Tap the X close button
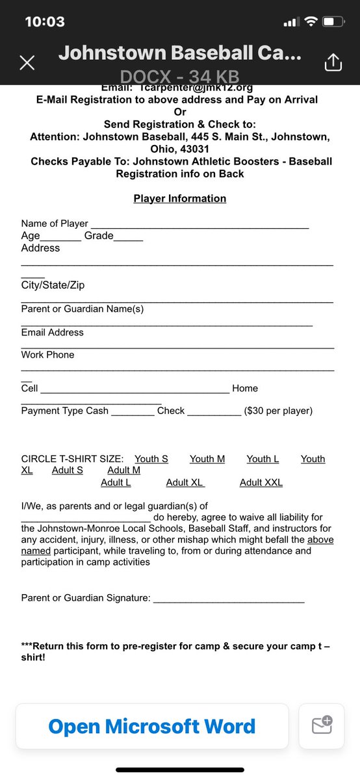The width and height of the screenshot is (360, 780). [27, 62]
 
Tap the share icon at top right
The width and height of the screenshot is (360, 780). [332, 62]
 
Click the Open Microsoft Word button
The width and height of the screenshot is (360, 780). [152, 726]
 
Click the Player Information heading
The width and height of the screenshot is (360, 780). [180, 198]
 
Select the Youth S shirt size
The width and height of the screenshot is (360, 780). [151, 459]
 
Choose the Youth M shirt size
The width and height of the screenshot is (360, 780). [207, 459]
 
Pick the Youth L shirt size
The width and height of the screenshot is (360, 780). [263, 459]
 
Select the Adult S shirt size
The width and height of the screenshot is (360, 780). [68, 470]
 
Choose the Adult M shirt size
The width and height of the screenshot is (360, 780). [123, 470]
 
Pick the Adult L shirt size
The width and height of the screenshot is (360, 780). [116, 482]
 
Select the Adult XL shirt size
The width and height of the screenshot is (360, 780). [185, 482]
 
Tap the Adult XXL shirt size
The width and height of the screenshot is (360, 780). [261, 482]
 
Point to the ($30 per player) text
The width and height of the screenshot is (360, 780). [278, 411]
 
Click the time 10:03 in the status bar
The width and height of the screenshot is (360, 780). [44, 21]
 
